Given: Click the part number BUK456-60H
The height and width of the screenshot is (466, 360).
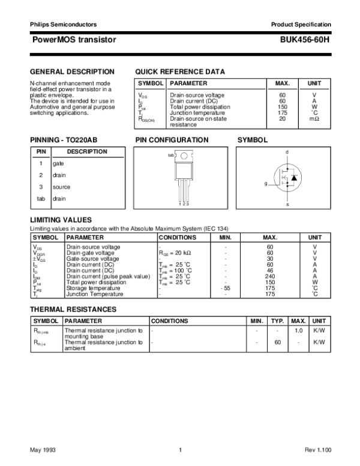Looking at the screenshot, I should [x=305, y=39].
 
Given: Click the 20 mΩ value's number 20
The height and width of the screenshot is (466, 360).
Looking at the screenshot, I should [x=282, y=118].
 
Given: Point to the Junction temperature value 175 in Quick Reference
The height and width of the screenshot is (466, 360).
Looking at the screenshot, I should [x=282, y=113].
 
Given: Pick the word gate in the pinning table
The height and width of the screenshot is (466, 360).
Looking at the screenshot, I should [x=58, y=163].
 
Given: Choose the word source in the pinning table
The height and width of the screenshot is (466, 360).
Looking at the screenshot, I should [x=61, y=187].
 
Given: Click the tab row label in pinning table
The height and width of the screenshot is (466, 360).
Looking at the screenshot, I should [x=41, y=198].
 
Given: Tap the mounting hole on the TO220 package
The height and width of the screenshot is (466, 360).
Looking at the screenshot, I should [x=183, y=156].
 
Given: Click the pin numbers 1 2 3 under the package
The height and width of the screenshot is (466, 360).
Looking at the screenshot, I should [x=184, y=205].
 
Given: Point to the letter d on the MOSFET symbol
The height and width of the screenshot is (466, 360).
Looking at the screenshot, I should [x=287, y=151].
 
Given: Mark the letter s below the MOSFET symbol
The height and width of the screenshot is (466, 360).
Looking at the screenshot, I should [x=287, y=205].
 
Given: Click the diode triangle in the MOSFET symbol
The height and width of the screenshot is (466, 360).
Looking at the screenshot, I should [x=295, y=178].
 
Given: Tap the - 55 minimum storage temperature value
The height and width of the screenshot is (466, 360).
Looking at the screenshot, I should [x=225, y=288].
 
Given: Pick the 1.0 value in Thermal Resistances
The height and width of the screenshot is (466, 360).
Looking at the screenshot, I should [x=298, y=330].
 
